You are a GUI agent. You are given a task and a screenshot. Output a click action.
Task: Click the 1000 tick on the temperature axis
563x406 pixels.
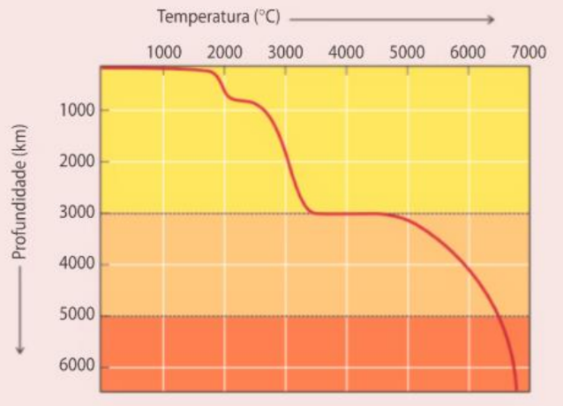(x=164, y=51)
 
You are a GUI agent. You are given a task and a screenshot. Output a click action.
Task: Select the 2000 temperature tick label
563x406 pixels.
(x=224, y=51)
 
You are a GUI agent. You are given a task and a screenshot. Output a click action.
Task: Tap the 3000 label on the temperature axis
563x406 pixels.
(x=285, y=51)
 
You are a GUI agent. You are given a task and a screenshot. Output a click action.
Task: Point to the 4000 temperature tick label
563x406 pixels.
(x=346, y=51)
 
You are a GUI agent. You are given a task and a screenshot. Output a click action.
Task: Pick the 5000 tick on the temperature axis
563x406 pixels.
(x=407, y=51)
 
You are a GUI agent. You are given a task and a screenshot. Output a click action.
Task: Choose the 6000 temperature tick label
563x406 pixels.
(x=468, y=51)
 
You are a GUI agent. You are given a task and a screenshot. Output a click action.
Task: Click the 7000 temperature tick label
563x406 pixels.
(x=528, y=51)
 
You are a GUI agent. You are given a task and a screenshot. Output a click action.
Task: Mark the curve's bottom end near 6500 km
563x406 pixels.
(x=516, y=388)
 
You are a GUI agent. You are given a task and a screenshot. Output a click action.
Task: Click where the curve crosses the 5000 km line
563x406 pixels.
(x=497, y=315)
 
